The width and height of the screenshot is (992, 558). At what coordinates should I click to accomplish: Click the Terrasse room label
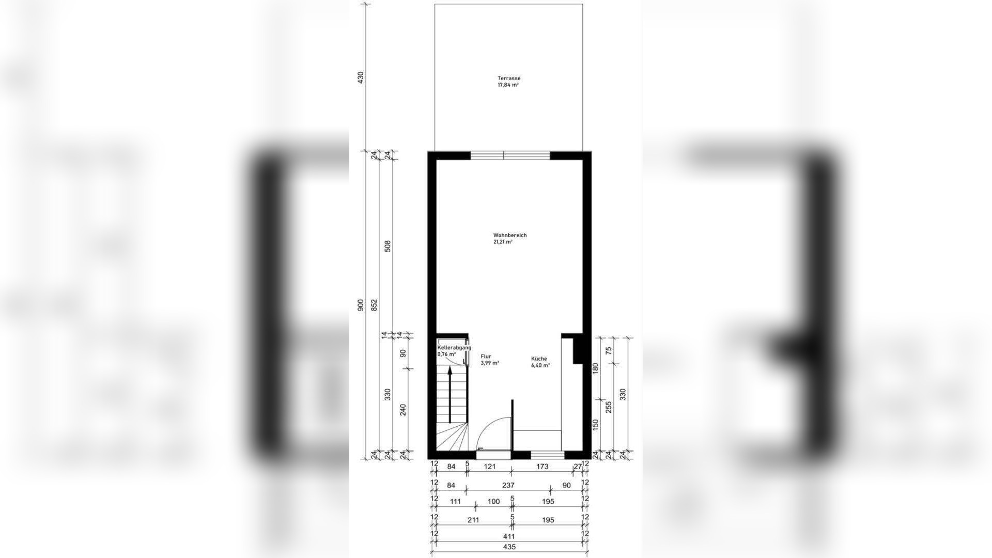[x=509, y=79]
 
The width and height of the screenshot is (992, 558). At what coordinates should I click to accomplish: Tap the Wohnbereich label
[x=509, y=235]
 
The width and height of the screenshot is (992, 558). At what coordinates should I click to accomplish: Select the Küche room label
[x=539, y=359]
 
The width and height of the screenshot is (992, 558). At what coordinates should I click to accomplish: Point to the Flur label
[x=486, y=357]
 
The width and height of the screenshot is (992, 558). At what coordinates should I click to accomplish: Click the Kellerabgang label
[x=454, y=348]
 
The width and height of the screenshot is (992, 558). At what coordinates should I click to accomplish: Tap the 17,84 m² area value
[x=508, y=85]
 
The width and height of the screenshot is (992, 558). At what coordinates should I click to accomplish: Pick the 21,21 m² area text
[x=503, y=242]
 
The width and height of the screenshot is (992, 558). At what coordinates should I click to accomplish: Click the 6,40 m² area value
[x=540, y=365]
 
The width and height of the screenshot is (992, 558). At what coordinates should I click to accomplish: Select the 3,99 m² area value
[x=490, y=363]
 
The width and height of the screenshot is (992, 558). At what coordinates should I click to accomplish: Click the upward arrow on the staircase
[x=450, y=393]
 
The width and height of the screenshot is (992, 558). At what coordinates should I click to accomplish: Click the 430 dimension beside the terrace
[x=361, y=78]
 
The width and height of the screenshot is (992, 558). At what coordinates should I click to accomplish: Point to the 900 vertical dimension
[x=361, y=305]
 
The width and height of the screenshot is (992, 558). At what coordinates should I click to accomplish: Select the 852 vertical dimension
[x=375, y=305]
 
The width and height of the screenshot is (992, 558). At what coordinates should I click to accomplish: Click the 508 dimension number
[x=388, y=246]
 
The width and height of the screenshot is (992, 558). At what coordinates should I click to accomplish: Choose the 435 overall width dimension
[x=509, y=547]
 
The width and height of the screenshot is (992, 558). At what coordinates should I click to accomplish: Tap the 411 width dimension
[x=509, y=536]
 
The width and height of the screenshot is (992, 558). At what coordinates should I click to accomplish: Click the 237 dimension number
[x=508, y=485]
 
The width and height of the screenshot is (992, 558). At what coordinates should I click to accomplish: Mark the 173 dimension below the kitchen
[x=542, y=467]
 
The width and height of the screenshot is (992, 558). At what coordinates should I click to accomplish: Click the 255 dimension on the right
[x=609, y=407]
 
